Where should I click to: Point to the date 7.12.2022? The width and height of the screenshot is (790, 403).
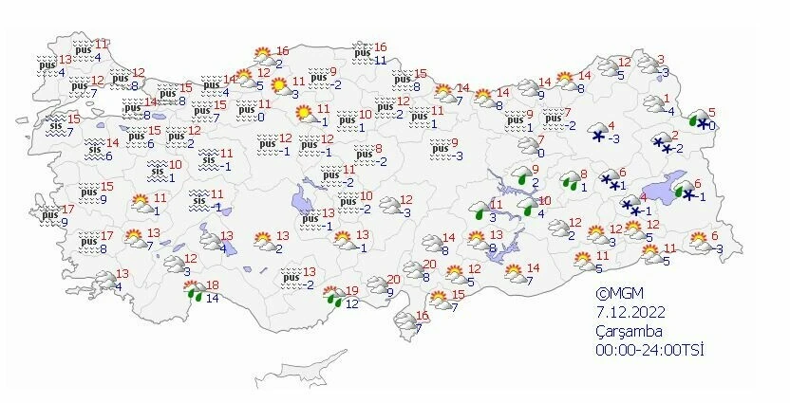pos(630,312)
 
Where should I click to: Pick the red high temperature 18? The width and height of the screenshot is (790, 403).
pos(214,285)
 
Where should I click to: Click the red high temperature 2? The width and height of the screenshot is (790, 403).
pos(674,136)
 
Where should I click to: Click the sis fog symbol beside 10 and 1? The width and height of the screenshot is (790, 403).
pos(157,170)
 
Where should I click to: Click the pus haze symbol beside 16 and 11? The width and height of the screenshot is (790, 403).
pos(363,53)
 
